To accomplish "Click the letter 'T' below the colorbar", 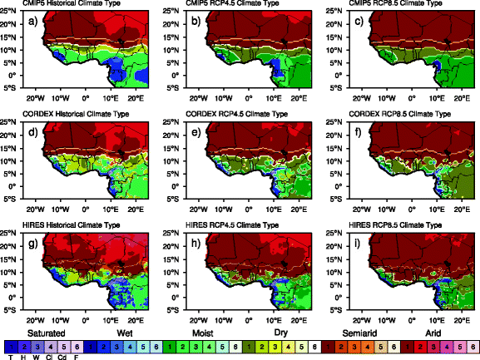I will click(10, 356).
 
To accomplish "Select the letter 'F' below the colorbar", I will click(75, 356).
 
